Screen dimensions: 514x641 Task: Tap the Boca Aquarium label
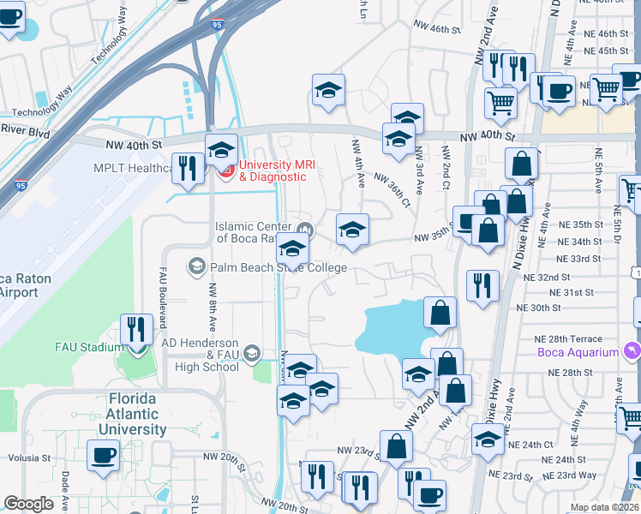click(578, 352)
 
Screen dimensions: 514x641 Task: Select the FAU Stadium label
click(89, 347)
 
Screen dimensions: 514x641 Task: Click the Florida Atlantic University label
click(132, 414)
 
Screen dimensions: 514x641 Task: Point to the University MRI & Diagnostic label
click(273, 170)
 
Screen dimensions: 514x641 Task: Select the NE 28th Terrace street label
click(569, 339)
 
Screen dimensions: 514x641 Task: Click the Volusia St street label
click(31, 457)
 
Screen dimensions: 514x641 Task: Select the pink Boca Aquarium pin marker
click(632, 350)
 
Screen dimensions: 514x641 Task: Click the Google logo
click(28, 504)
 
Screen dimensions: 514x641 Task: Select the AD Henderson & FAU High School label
click(201, 354)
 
